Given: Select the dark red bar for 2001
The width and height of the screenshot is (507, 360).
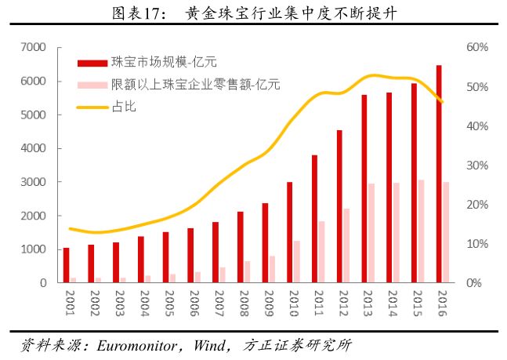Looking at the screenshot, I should [67, 265].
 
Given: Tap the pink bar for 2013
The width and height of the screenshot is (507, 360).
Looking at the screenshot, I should [371, 233].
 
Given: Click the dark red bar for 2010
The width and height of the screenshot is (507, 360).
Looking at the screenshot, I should [289, 232].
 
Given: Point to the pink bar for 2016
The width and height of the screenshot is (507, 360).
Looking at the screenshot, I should [446, 232].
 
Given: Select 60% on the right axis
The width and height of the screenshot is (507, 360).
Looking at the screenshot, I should [476, 48].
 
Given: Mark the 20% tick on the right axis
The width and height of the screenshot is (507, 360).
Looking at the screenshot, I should [476, 205].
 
